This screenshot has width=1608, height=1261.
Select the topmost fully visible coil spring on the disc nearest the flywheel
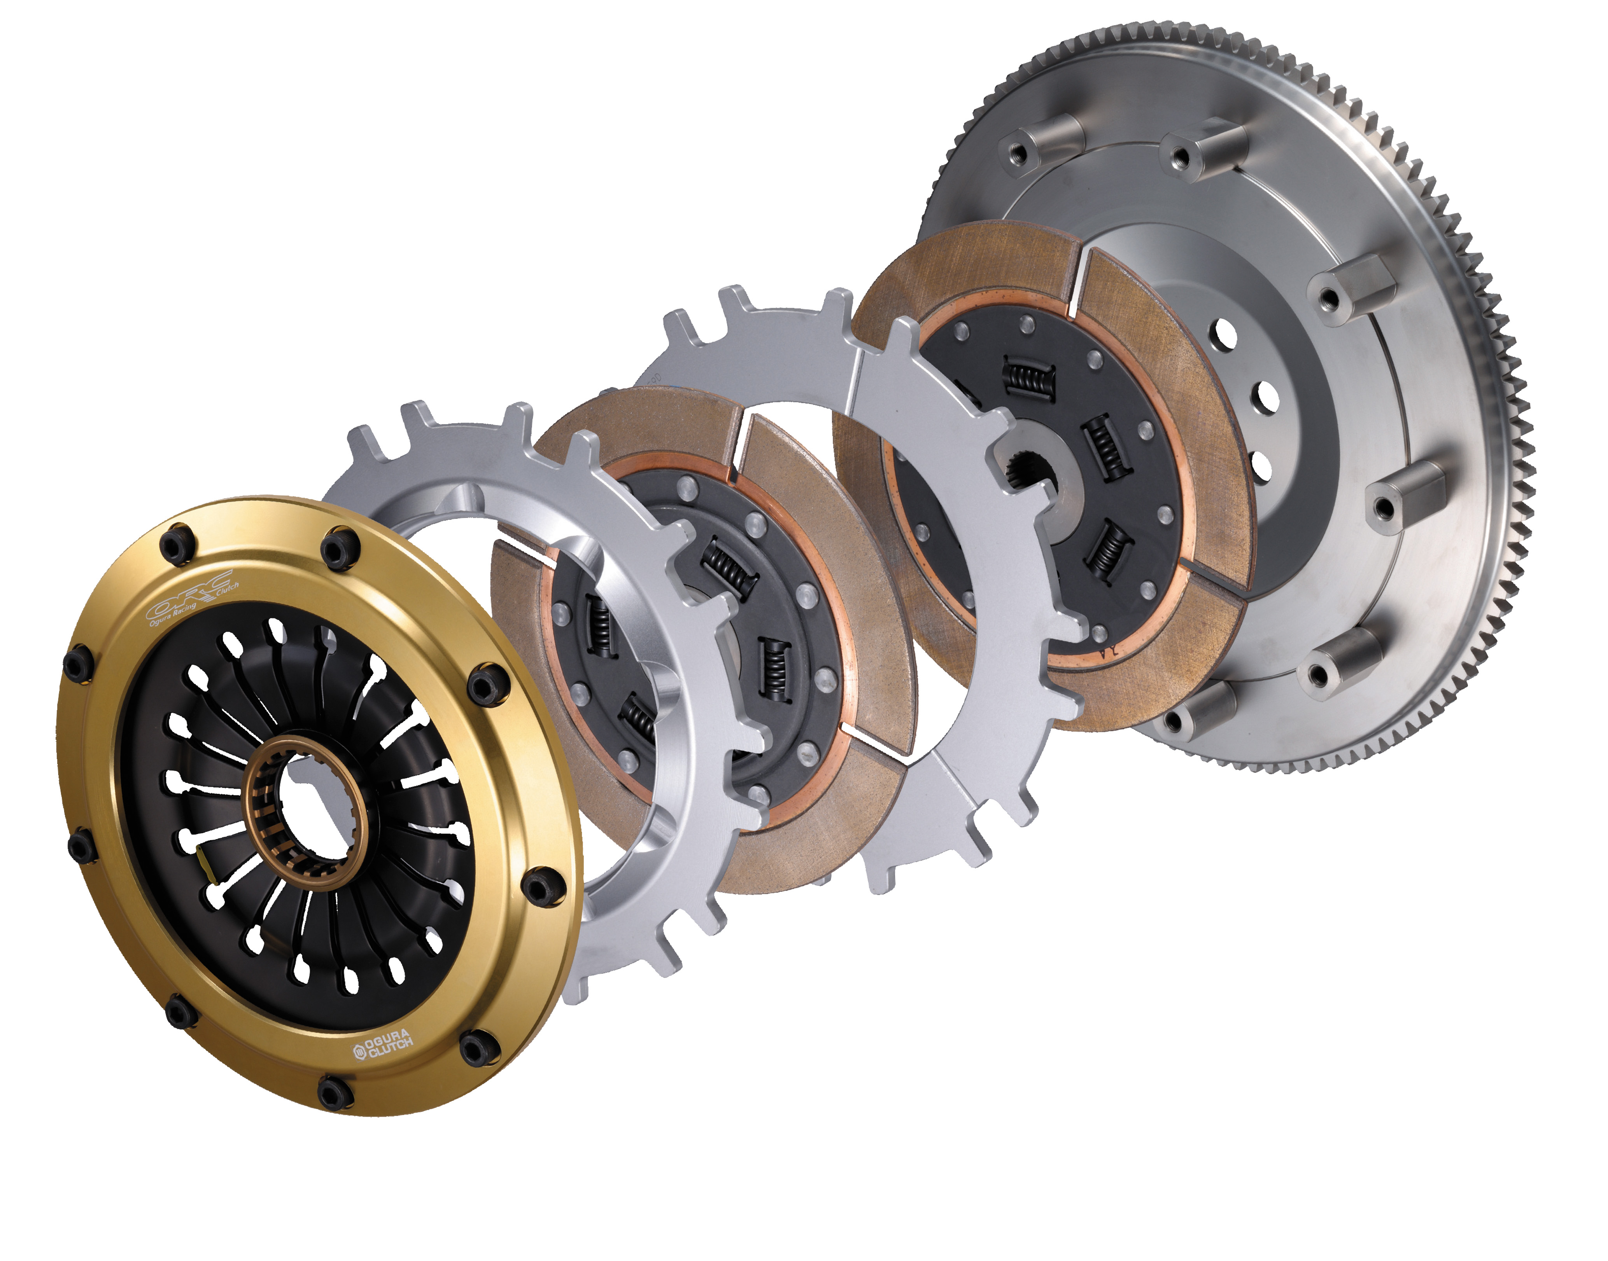1027,377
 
